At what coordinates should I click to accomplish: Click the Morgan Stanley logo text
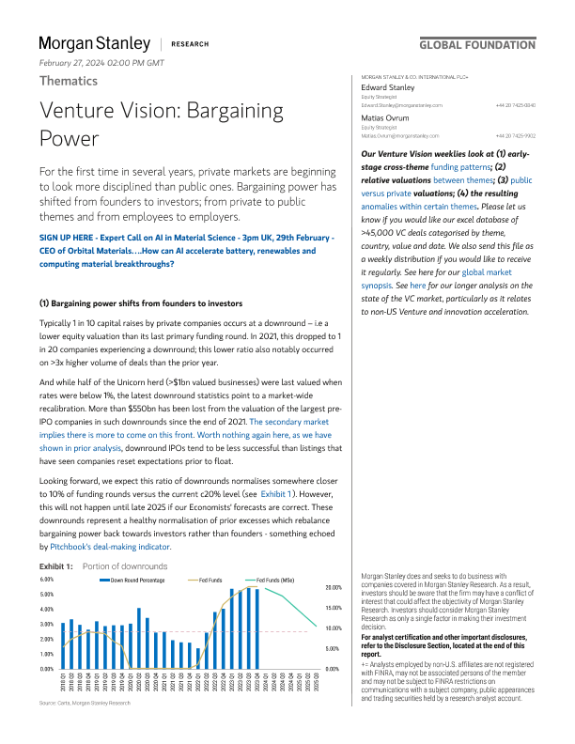pos(94,44)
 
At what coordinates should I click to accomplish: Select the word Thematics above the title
pos(68,81)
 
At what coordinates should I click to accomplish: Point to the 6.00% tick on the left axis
pos(47,580)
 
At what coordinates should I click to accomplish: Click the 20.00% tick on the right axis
pos(334,586)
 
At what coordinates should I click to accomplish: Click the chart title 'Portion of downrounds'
pos(125,566)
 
